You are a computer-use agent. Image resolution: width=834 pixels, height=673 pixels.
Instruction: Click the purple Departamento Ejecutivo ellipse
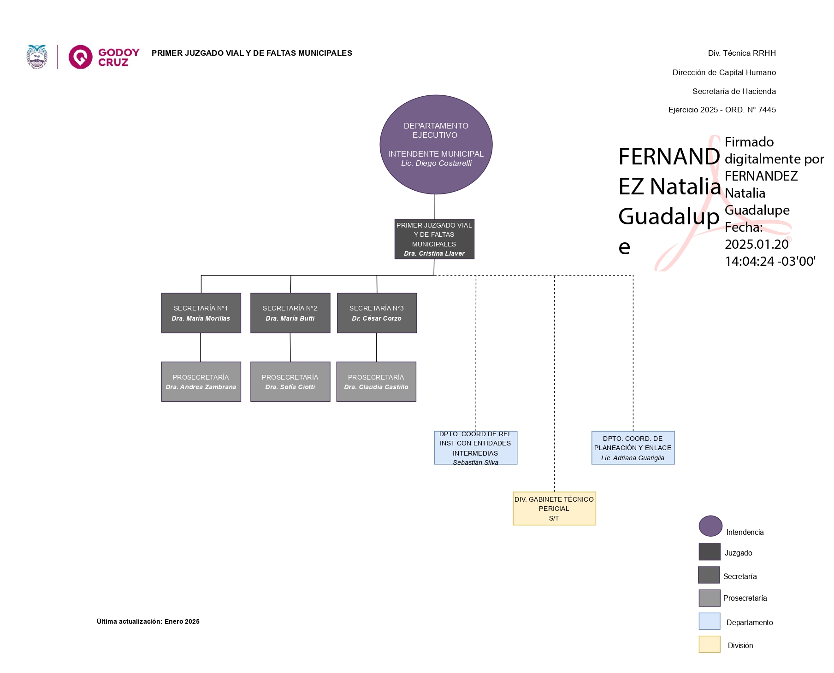[x=436, y=144]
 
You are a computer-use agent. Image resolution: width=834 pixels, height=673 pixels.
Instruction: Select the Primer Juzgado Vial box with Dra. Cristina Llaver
[x=434, y=239]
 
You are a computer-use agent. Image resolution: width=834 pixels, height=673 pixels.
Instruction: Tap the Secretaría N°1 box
[x=201, y=313]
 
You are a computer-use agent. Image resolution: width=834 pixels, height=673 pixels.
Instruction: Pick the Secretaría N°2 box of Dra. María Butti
[x=290, y=313]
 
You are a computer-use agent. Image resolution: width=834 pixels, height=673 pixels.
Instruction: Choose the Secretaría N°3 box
[x=377, y=313]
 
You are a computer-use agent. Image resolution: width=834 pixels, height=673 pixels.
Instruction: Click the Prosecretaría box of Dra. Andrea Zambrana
[x=201, y=381]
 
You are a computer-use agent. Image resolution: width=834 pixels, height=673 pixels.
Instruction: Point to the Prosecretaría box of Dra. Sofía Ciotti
[x=290, y=381]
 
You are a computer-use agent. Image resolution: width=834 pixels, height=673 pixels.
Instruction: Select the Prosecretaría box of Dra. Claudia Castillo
[x=376, y=381]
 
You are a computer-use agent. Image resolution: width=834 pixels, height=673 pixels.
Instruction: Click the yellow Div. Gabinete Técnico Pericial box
[x=554, y=508]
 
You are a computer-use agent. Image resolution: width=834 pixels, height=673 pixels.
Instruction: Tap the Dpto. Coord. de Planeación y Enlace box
[x=633, y=448]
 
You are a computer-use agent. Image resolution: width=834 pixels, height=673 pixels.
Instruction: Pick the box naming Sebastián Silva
[x=475, y=448]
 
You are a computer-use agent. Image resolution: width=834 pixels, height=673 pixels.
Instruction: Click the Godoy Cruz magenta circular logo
[x=81, y=57]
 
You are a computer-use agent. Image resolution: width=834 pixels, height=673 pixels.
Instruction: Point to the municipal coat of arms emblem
[x=37, y=57]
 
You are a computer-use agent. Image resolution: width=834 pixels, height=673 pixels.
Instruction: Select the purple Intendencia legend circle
[x=710, y=526]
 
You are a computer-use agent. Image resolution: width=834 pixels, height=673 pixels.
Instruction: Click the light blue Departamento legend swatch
[x=709, y=621]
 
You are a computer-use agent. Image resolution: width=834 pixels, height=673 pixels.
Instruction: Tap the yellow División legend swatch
[x=709, y=644]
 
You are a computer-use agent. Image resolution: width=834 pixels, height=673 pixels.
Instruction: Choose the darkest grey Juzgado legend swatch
[x=709, y=551]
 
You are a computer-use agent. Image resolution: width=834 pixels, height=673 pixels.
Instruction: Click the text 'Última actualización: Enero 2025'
[x=148, y=621]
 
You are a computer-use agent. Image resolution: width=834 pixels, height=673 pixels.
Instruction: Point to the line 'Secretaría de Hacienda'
[x=733, y=91]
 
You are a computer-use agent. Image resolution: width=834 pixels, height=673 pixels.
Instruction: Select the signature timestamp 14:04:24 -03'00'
[x=770, y=261]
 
